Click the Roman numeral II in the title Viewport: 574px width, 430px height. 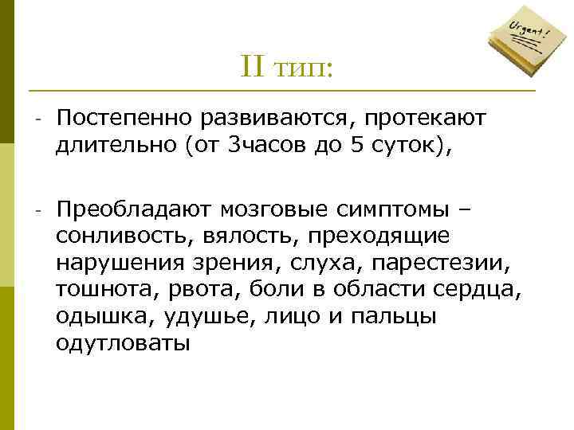[x=253, y=68]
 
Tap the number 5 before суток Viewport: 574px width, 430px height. [x=356, y=145]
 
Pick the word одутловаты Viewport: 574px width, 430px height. [x=123, y=343]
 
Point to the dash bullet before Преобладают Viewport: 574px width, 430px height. [x=37, y=211]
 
